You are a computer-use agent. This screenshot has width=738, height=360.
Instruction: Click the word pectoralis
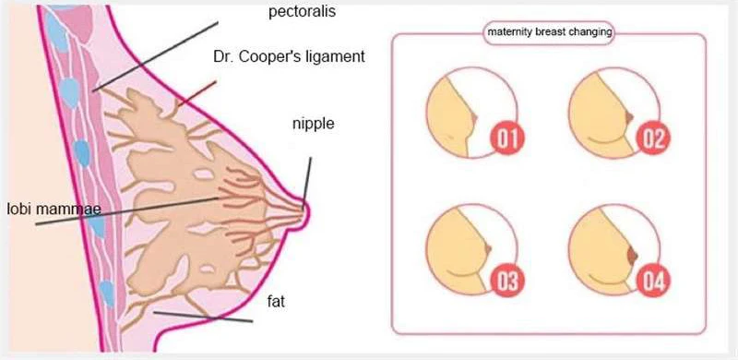pos(303,12)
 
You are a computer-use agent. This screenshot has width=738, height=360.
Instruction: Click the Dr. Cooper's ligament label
pos(289,56)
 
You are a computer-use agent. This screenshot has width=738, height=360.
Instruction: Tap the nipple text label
pos(313,125)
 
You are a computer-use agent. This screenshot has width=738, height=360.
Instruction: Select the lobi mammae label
pos(54,209)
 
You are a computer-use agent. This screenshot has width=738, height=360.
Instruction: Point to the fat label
pos(276,302)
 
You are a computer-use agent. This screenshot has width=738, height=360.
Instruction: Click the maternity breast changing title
pos(549,32)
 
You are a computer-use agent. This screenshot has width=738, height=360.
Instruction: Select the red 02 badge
pos(653,138)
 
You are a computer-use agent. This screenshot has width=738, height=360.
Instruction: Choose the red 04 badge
pos(654,281)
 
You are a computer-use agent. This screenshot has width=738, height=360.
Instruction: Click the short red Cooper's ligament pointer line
pos(197,93)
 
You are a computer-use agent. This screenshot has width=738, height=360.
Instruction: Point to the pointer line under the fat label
pos(203,317)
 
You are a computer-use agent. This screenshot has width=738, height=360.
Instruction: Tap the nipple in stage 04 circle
pos(633,255)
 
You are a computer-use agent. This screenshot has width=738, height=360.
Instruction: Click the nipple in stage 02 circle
pos(629,116)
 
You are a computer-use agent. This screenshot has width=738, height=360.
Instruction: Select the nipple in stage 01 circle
pos(474,117)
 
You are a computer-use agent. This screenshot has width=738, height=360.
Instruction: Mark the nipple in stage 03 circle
pos(489,248)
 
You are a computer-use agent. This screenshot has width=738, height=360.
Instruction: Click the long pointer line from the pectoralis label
pos(156,55)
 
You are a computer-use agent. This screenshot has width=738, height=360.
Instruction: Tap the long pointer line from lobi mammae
pos(127,211)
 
